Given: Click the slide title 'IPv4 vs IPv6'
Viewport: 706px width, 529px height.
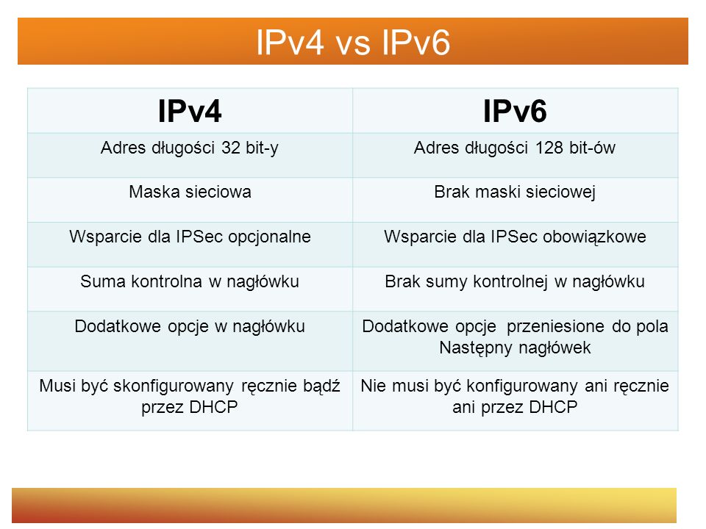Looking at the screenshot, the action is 353,43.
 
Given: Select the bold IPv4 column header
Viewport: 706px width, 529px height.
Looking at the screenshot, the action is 190,111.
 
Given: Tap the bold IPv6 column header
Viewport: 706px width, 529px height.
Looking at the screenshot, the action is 515,111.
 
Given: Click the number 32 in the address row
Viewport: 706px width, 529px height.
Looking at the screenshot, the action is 231,148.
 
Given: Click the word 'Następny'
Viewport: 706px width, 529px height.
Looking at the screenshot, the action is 476,348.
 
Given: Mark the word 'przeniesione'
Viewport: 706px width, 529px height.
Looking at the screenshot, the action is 555,327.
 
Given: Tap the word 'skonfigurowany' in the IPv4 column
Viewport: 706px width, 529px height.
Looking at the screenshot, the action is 174,386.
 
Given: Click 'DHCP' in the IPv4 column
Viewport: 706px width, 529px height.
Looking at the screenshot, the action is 213,407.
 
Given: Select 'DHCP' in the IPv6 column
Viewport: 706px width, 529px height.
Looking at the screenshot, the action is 553,407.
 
